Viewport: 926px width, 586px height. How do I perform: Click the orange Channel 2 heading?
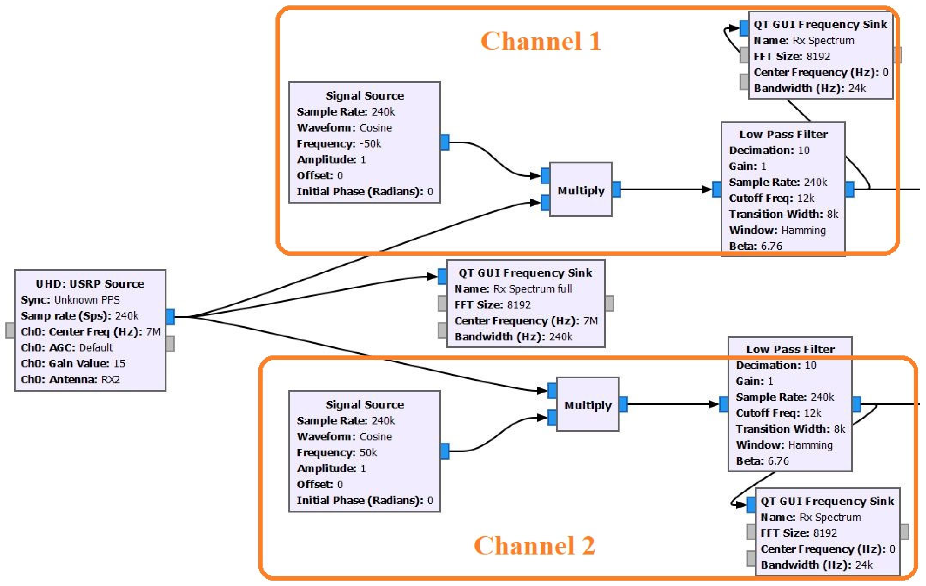534,546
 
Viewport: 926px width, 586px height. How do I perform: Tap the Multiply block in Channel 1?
581,190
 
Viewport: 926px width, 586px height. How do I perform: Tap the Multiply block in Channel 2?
588,405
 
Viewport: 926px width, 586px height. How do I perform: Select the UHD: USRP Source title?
90,284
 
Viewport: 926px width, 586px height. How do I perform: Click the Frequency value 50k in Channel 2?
368,453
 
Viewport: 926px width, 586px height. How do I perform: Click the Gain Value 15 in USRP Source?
119,363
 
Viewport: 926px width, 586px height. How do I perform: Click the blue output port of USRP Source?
170,317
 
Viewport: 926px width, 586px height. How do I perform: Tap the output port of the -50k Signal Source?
445,142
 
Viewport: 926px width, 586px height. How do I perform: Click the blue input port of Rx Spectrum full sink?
442,277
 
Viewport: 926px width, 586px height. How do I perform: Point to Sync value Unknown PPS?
87,299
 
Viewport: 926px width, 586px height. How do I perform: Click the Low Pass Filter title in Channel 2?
790,349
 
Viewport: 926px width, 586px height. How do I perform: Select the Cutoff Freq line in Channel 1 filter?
771,198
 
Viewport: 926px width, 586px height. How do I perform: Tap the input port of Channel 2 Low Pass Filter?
723,404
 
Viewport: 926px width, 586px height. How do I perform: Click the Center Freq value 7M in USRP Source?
153,331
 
